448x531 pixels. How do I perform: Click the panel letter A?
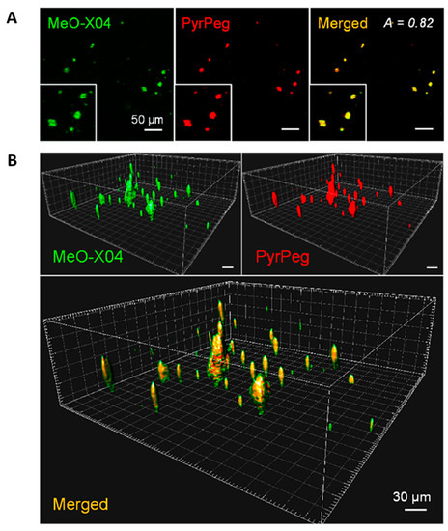click(x=12, y=16)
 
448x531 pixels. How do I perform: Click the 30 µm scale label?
click(x=409, y=496)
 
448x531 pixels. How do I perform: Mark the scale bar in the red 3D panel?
click(x=431, y=261)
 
